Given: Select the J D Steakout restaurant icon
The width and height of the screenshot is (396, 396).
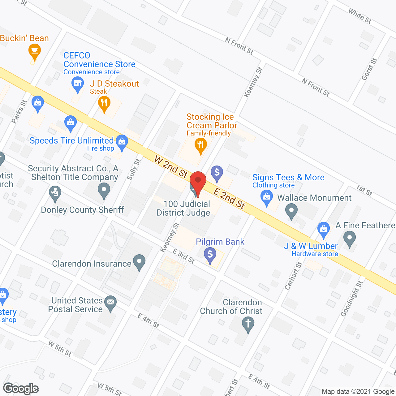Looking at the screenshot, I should pyautogui.click(x=104, y=103).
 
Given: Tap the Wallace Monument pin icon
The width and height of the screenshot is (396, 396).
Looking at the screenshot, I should pyautogui.click(x=291, y=211).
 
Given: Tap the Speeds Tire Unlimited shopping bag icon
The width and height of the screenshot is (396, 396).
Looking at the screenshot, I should pyautogui.click(x=122, y=142).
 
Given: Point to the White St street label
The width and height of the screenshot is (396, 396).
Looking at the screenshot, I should pyautogui.click(x=359, y=16).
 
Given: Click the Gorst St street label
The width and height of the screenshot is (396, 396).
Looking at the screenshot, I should pyautogui.click(x=369, y=69).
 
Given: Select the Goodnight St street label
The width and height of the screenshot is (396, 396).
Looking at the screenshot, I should pyautogui.click(x=351, y=299).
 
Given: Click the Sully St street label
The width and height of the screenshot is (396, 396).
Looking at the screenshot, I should pyautogui.click(x=134, y=170).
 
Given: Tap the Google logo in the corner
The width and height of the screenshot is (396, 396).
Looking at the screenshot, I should pyautogui.click(x=21, y=389).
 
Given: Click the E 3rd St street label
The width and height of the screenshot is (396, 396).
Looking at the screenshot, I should pyautogui.click(x=184, y=256).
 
